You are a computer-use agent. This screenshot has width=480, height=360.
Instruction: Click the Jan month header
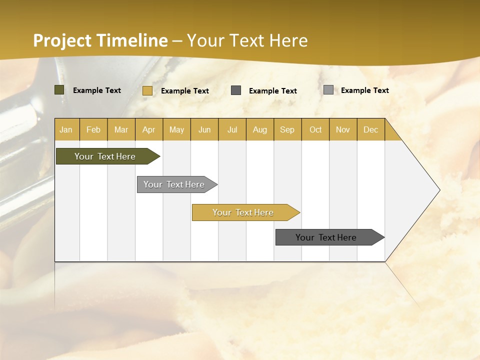(x=66, y=129)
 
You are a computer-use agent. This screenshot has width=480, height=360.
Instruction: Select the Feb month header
(x=93, y=129)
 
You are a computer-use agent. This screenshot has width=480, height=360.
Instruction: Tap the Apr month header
(x=149, y=129)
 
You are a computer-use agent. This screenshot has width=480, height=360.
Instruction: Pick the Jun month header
(x=204, y=129)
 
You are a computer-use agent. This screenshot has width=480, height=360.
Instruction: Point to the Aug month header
(x=260, y=129)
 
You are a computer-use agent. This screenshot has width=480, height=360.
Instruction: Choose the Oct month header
(x=315, y=129)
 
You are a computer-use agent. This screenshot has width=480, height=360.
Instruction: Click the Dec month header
(x=371, y=129)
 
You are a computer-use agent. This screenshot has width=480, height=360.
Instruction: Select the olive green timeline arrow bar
(x=105, y=156)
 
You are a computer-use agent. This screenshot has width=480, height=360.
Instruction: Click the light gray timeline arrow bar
(x=174, y=184)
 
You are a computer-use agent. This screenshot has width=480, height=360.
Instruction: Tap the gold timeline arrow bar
(x=243, y=212)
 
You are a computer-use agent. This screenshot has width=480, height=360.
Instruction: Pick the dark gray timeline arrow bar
(x=326, y=237)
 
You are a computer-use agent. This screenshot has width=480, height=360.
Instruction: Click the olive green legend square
(x=59, y=90)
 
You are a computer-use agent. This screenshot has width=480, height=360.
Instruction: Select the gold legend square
(x=147, y=90)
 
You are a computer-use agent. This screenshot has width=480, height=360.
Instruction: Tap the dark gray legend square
(x=236, y=90)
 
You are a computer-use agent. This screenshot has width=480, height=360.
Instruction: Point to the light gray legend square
(x=328, y=90)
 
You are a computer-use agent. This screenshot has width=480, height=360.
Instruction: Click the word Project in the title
(x=61, y=40)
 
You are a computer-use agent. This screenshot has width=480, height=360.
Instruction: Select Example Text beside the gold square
(x=185, y=91)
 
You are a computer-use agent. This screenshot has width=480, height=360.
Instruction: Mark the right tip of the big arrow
(x=439, y=190)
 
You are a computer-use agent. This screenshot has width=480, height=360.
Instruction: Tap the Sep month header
(x=287, y=129)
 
